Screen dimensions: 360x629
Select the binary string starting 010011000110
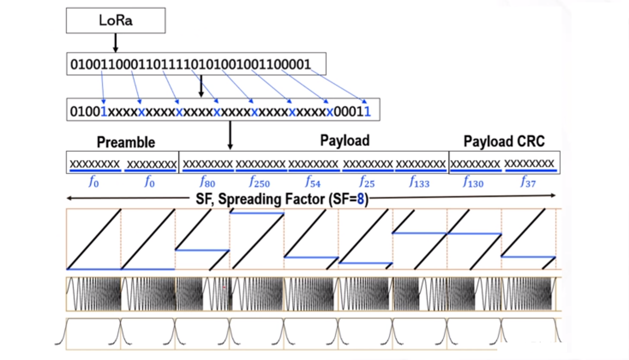(191, 64)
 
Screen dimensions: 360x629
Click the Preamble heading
(126, 142)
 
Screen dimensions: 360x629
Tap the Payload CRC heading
(504, 141)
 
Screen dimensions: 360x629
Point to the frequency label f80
(207, 183)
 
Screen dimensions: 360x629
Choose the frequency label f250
(259, 183)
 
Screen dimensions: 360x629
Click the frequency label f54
(313, 183)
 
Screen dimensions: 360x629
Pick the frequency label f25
(366, 183)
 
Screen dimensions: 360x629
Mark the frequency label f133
(419, 183)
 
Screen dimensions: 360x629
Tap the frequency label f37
(528, 183)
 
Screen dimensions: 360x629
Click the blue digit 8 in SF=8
(361, 199)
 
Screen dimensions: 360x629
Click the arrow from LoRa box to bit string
(115, 43)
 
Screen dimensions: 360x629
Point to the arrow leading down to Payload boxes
(230, 136)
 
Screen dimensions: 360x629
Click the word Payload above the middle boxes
(344, 140)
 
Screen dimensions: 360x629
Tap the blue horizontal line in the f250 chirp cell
(257, 213)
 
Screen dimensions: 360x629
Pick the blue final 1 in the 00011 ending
(367, 112)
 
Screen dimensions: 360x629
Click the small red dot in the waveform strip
(224, 287)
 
